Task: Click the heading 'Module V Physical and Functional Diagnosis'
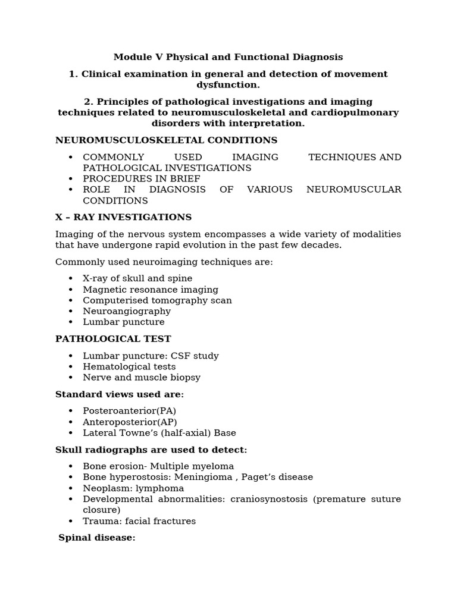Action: [228, 57]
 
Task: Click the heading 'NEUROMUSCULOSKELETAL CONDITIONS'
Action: [166, 140]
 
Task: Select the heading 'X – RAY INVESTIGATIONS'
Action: [123, 217]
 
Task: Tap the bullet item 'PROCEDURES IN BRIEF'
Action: [142, 179]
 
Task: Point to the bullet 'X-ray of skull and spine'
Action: [137, 278]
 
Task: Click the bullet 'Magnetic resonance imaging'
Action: [151, 290]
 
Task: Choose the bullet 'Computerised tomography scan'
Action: [157, 300]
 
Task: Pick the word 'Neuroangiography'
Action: [127, 311]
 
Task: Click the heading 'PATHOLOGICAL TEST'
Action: [113, 339]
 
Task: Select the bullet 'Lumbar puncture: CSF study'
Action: [151, 356]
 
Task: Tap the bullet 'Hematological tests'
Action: [129, 367]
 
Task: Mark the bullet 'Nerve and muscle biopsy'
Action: [142, 378]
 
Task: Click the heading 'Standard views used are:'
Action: [120, 394]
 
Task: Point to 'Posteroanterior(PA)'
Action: [129, 411]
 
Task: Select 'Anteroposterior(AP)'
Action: [130, 422]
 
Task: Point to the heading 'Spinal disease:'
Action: [97, 538]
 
